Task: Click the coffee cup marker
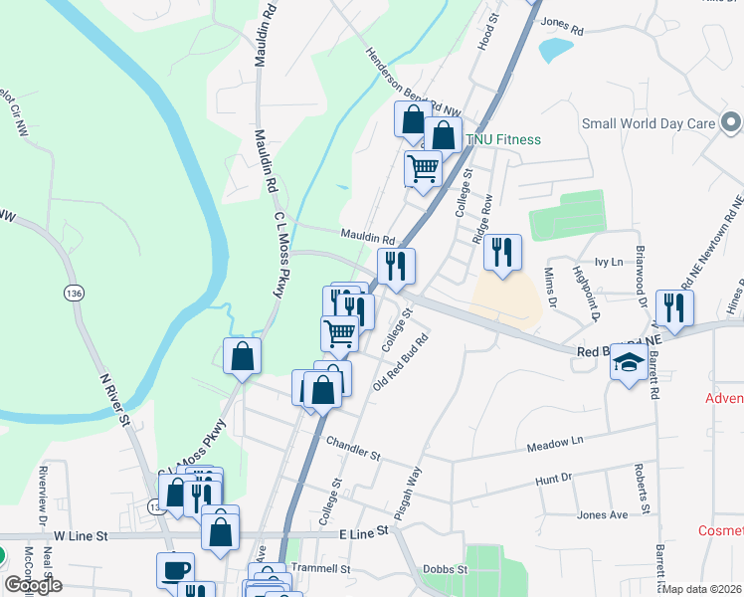175,570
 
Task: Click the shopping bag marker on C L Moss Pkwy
242,357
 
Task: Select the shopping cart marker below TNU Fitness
424,169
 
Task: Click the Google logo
34,586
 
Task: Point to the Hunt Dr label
554,479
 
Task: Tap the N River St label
115,398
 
